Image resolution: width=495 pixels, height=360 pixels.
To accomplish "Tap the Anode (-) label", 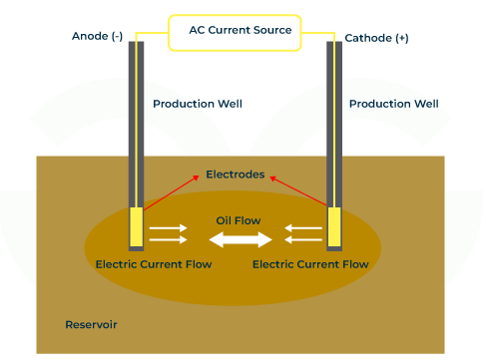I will (x=97, y=37).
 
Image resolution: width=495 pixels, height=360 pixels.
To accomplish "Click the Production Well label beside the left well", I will (x=197, y=104).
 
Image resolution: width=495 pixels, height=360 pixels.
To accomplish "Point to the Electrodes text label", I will (x=235, y=175).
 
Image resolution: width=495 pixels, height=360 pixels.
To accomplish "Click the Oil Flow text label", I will (x=239, y=220).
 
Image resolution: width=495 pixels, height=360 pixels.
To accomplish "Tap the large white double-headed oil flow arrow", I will (x=240, y=239).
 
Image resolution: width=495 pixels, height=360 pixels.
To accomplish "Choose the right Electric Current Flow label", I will (x=310, y=265).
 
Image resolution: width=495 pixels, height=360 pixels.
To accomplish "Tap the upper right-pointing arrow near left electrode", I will (x=168, y=228).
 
